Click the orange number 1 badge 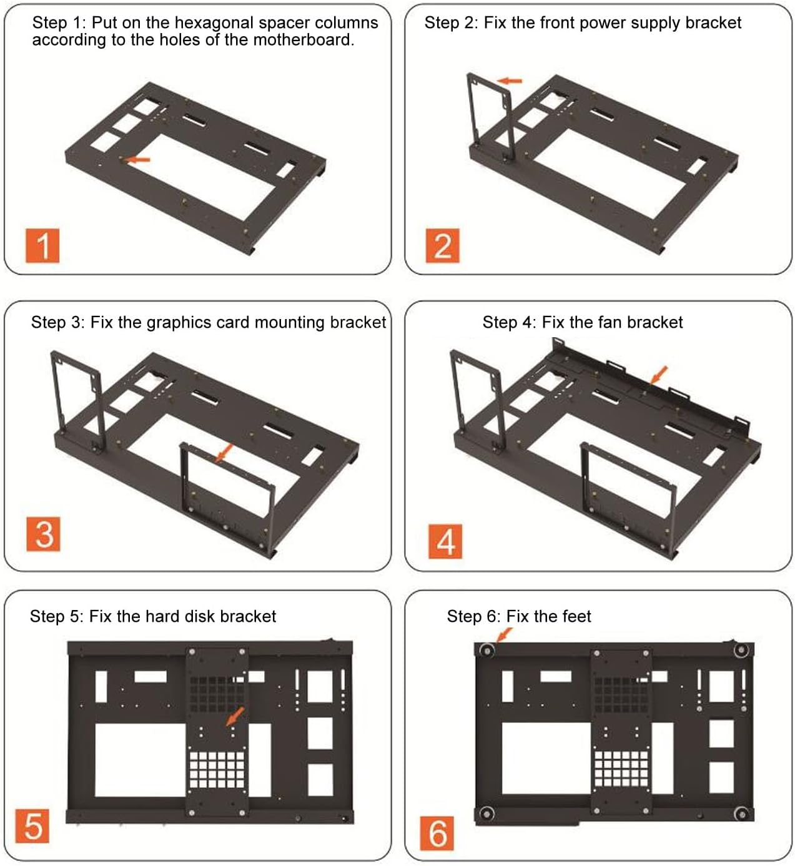pos(42,245)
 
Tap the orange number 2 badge pos(442,245)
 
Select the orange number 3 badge pos(43,534)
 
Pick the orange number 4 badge pos(445,541)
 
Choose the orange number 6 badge pos(437,833)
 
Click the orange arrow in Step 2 pos(510,81)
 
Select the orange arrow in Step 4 pos(658,375)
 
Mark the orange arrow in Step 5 pos(235,716)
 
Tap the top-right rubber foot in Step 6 pos(741,650)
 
